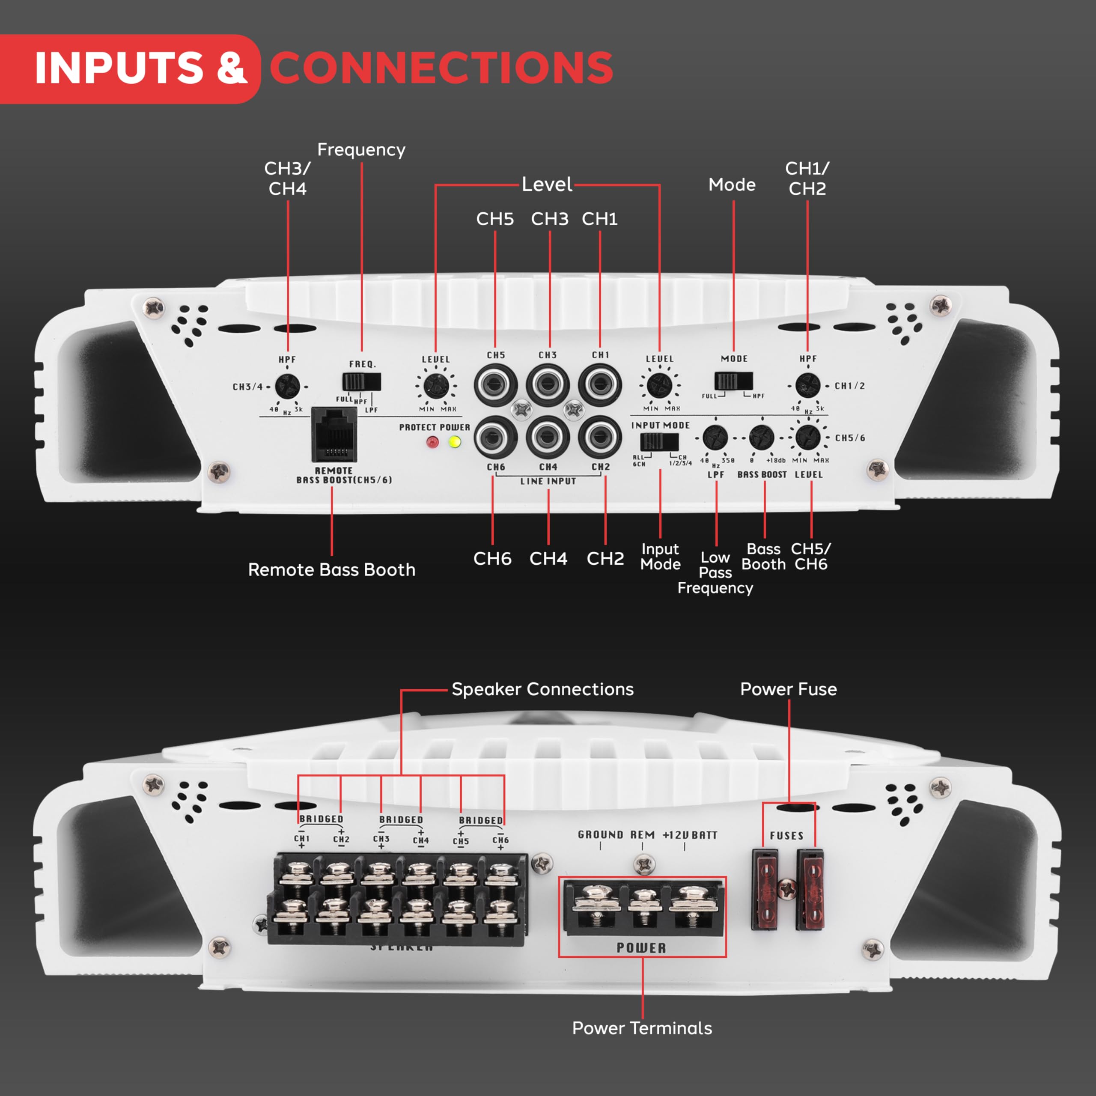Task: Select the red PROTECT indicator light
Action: tap(432, 442)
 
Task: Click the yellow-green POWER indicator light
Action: tap(454, 441)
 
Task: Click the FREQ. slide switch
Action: tap(361, 382)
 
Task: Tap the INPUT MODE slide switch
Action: tap(659, 441)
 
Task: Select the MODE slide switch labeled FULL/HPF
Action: tap(733, 381)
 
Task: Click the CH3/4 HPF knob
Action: tap(287, 387)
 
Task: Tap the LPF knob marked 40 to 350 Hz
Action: tap(715, 438)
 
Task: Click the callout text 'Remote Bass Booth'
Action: tap(331, 569)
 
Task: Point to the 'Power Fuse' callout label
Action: tap(788, 689)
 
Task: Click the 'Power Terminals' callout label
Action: tap(642, 1028)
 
